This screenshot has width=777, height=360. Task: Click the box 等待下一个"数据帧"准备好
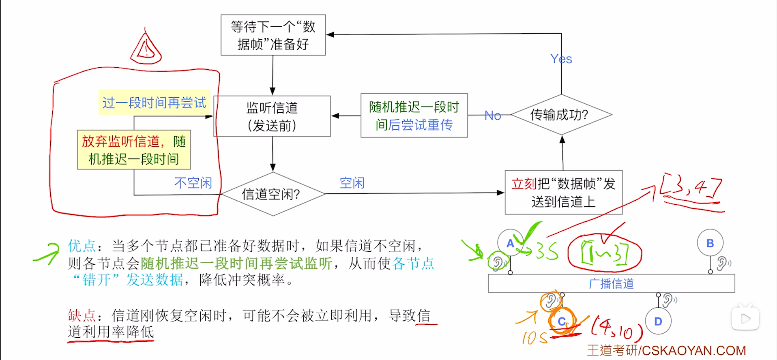point(273,35)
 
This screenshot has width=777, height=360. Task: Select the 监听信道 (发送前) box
point(272,116)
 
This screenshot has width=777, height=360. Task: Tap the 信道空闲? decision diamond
point(272,194)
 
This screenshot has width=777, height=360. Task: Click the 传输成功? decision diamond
point(561,115)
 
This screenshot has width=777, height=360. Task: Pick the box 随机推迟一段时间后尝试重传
point(414,116)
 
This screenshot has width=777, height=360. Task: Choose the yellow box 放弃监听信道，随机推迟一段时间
point(134,150)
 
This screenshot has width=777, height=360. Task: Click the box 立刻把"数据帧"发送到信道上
point(563,193)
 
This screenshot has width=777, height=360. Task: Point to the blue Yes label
point(561,59)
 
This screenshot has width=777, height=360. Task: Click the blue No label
point(493,116)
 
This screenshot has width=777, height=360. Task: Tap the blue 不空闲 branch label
point(193,183)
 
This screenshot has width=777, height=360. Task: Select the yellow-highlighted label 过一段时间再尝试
point(154,103)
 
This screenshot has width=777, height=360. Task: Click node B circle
point(710,243)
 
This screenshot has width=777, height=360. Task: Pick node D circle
point(658,321)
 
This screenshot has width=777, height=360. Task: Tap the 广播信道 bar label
point(611,283)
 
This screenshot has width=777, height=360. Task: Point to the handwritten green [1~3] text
point(604,252)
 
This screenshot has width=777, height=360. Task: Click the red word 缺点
point(82,315)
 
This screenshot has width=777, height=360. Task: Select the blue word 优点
point(82,246)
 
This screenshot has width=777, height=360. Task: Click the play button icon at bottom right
point(745,319)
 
